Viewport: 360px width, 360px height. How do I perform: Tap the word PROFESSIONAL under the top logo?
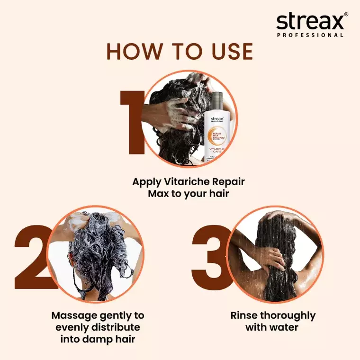click(x=311, y=35)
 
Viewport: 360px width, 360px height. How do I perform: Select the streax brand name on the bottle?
click(x=217, y=119)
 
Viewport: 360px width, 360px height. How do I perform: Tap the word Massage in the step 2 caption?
click(x=74, y=315)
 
